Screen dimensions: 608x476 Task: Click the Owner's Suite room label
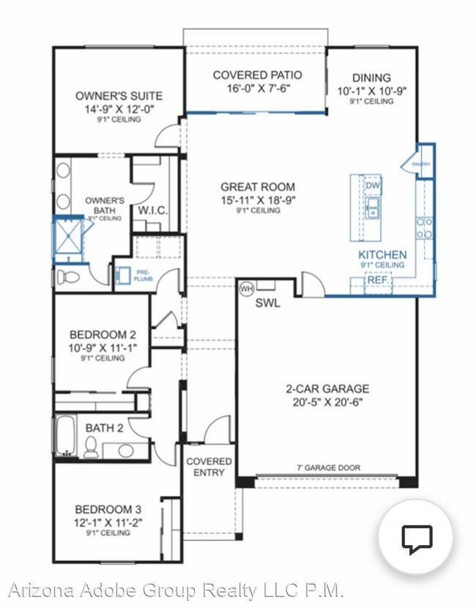click(119, 96)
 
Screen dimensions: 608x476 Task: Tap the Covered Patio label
click(257, 75)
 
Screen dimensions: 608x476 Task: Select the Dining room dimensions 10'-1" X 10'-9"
click(371, 91)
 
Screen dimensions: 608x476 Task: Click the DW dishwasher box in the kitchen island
click(372, 185)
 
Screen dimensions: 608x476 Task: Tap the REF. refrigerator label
click(378, 280)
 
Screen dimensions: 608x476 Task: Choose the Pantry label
click(421, 165)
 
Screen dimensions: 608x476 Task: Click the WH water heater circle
click(246, 288)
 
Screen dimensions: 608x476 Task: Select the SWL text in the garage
click(267, 304)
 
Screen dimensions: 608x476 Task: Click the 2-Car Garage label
click(327, 388)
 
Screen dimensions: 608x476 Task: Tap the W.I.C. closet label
click(153, 210)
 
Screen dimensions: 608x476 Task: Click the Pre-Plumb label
click(143, 276)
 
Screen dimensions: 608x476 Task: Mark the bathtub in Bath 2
click(65, 436)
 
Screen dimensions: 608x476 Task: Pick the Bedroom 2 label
click(102, 333)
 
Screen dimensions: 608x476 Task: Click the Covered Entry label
click(209, 467)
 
